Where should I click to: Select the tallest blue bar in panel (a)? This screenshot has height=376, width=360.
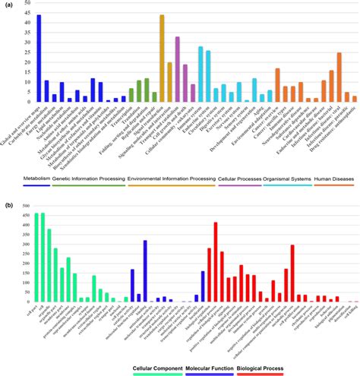[39, 58]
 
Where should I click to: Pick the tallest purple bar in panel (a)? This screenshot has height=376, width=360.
[177, 69]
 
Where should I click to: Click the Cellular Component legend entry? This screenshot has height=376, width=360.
[153, 368]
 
